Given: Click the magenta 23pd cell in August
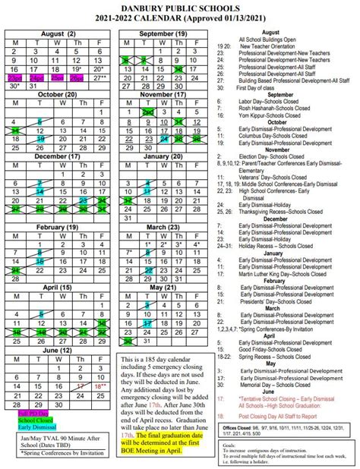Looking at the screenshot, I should [x=14, y=77].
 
